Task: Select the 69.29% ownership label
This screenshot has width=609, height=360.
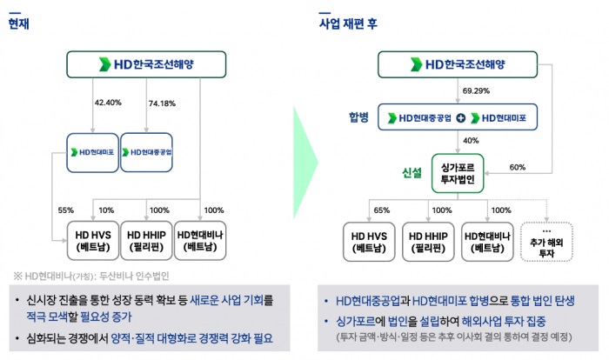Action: pyautogui.click(x=478, y=90)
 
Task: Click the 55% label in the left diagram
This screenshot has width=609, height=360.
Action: pyautogui.click(x=64, y=210)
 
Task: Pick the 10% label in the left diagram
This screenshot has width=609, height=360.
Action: pyautogui.click(x=107, y=210)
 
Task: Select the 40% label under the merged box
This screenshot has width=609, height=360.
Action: pyautogui.click(x=471, y=140)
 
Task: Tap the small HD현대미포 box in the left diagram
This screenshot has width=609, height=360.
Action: pyautogui.click(x=92, y=152)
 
